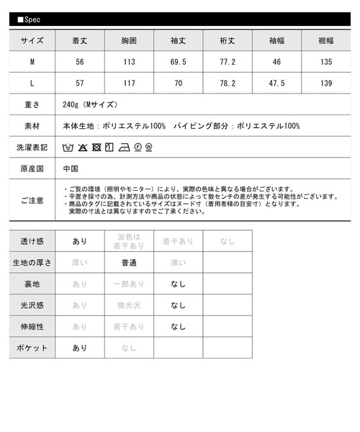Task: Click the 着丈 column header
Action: coord(80,41)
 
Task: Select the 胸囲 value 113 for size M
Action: coord(130,63)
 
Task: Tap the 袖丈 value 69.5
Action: coord(178,63)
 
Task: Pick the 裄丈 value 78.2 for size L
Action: coord(227,84)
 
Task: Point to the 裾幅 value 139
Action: coord(325,84)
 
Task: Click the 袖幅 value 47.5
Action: coord(276,84)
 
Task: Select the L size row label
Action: coord(32,84)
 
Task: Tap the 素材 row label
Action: coord(32,126)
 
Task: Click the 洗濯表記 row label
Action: coord(32,148)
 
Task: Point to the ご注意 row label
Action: coord(32,198)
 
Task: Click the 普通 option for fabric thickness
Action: coord(129,263)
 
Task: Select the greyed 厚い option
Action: coord(80,263)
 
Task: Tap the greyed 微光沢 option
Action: coord(129,305)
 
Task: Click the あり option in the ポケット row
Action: coord(80,348)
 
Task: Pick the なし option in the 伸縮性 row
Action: coord(178,326)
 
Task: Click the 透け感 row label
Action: coord(32,242)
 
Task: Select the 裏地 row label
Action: coord(32,284)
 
